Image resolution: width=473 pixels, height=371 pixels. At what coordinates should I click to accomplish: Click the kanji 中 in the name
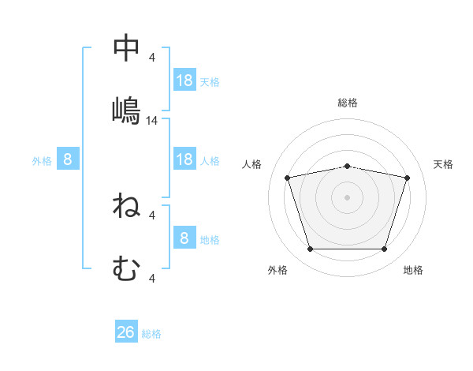(126, 47)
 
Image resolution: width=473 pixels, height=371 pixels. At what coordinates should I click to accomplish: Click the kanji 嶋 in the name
(126, 111)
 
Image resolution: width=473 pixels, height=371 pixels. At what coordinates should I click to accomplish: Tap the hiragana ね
(126, 205)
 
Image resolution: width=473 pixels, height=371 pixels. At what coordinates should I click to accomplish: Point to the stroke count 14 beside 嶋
(151, 121)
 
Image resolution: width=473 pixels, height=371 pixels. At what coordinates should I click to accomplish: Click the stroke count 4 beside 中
(151, 58)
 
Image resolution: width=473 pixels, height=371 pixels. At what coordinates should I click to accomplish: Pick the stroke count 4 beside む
(151, 279)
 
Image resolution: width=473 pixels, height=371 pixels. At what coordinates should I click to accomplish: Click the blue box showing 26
(126, 331)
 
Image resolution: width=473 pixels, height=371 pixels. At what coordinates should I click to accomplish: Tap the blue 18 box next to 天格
(184, 80)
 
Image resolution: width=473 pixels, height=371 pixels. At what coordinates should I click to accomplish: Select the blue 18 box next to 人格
(184, 159)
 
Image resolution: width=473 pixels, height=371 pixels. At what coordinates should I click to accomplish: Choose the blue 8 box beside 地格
(184, 237)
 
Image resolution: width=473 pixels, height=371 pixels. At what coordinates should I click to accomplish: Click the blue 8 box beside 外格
(68, 159)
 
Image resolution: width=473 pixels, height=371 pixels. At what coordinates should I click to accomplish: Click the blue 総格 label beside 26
(151, 334)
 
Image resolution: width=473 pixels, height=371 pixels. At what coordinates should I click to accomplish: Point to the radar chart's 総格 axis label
(348, 103)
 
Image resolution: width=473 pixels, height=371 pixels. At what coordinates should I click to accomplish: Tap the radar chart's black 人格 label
(251, 164)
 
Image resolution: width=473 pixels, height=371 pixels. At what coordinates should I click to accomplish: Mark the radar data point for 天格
(407, 178)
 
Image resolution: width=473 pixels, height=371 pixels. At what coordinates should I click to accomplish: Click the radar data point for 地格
(384, 249)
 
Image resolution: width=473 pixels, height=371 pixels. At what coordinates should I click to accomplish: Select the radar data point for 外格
(311, 249)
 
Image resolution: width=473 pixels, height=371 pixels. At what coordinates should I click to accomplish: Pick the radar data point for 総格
(347, 167)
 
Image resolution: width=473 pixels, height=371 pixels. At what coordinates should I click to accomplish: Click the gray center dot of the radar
(347, 197)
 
